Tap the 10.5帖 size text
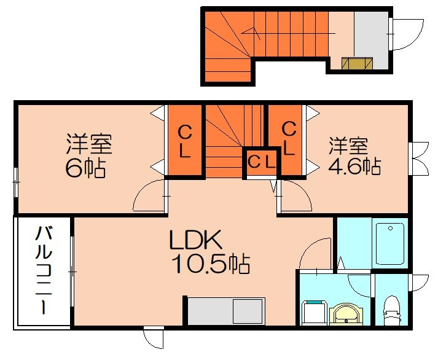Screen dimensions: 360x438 [209, 265]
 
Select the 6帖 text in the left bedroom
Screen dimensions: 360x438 [85, 168]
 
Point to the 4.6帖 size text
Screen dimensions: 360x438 [354, 166]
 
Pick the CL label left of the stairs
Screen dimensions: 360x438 [184, 141]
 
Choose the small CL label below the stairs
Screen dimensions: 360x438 [262, 163]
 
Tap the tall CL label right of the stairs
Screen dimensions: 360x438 [289, 138]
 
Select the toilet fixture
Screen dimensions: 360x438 [391, 311]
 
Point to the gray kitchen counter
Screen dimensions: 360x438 [225, 311]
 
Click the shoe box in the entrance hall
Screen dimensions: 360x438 [357, 63]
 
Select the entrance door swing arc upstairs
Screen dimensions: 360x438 [407, 34]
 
